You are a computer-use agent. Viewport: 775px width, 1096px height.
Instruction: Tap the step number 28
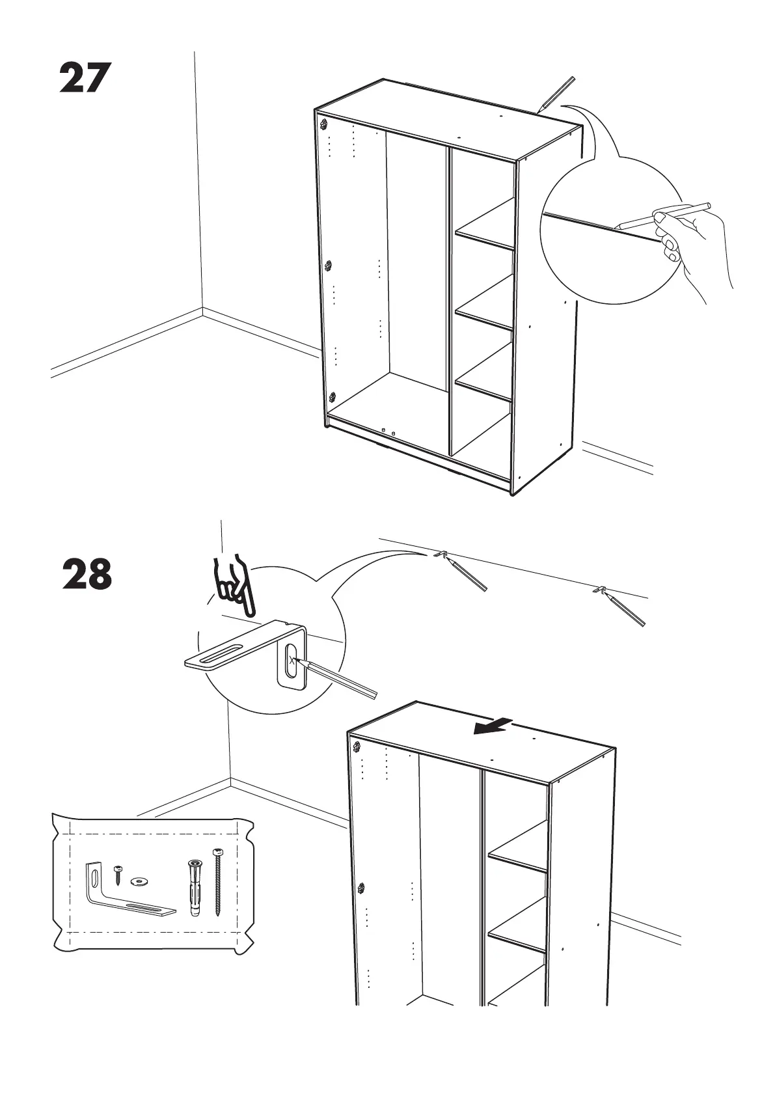[x=87, y=574]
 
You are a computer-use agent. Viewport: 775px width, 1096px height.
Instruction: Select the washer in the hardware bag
[x=138, y=881]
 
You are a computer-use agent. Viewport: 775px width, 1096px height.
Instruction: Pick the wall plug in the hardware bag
[x=194, y=888]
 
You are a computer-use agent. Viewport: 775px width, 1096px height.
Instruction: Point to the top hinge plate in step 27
[x=323, y=122]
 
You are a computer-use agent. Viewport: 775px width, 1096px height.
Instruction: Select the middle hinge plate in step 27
[x=329, y=266]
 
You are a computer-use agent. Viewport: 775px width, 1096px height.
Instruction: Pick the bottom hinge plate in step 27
[x=333, y=396]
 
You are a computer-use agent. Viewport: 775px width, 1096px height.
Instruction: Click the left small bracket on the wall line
[x=441, y=555]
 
